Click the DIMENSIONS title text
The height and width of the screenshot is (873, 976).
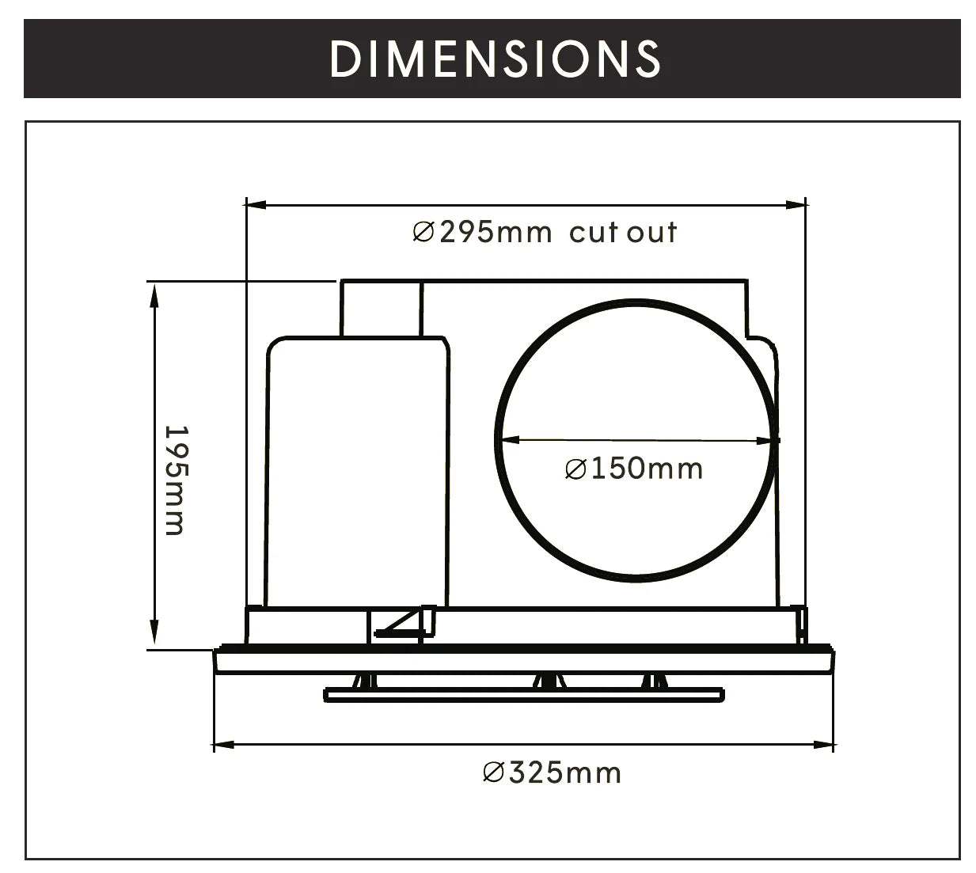[495, 59]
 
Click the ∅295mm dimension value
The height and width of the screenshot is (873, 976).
[482, 233]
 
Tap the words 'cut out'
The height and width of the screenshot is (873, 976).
[623, 233]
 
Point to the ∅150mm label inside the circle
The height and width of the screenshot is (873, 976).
[634, 469]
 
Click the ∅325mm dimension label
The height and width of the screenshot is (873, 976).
[552, 772]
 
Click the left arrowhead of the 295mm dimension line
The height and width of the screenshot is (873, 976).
[255, 205]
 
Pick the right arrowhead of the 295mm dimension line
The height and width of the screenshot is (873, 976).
[796, 205]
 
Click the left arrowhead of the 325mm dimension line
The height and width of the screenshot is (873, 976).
[223, 744]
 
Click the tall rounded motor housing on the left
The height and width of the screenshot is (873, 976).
[356, 471]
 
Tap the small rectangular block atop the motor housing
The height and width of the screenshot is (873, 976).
[381, 309]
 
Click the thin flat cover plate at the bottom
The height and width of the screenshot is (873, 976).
[524, 695]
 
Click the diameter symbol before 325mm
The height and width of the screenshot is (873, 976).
[493, 772]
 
